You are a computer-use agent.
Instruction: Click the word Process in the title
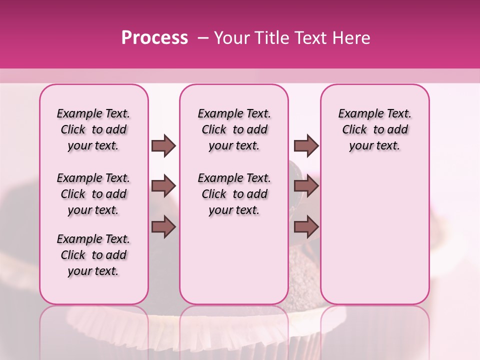[x=154, y=38]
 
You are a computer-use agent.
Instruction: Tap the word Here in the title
[x=352, y=38]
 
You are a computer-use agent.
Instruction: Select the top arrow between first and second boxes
[x=163, y=146]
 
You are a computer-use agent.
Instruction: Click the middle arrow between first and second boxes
[x=163, y=186]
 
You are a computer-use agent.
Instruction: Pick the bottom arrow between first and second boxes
[x=163, y=227]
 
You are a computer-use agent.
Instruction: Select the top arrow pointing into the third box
[x=306, y=146]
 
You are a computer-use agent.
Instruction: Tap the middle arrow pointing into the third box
[x=306, y=186]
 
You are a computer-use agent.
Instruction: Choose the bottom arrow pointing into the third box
[x=306, y=227]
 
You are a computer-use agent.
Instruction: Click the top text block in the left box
[x=93, y=129]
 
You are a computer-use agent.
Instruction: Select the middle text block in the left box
[x=93, y=194]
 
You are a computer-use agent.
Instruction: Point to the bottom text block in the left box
[x=93, y=255]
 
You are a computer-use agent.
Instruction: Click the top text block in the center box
[x=234, y=129]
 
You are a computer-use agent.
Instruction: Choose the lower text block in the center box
[x=234, y=194]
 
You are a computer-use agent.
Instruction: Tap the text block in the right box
[x=374, y=129]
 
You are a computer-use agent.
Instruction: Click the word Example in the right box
[x=357, y=113]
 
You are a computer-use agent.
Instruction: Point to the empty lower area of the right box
[x=374, y=230]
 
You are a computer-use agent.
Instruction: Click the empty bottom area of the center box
[x=234, y=265]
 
